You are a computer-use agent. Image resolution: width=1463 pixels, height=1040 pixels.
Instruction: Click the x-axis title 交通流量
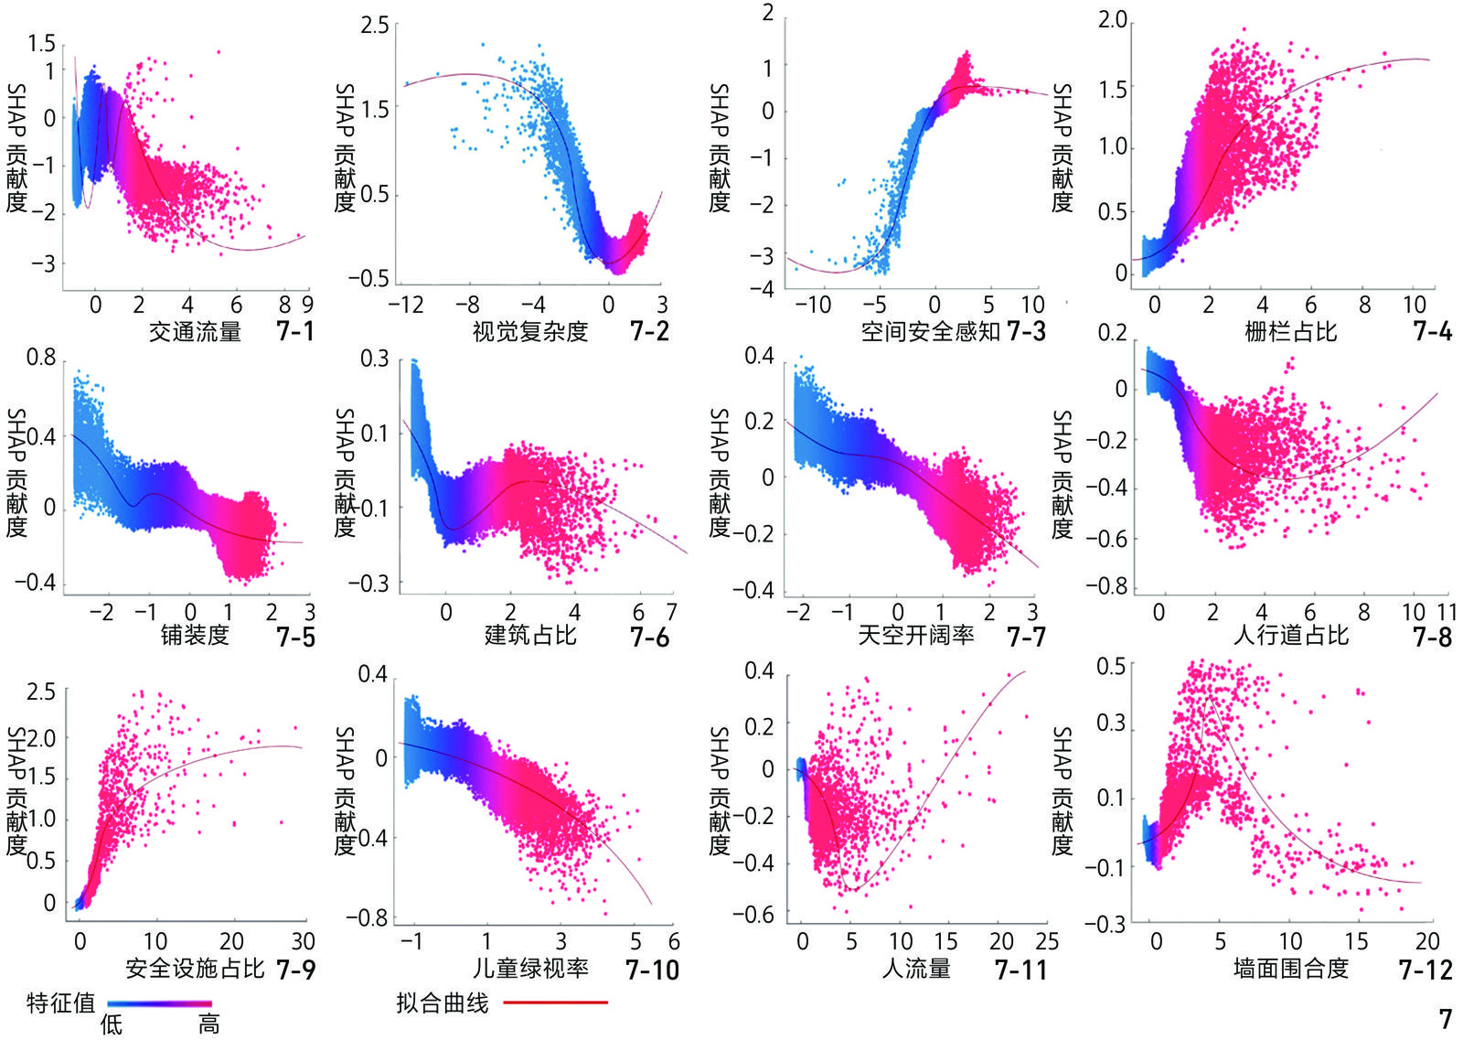195,331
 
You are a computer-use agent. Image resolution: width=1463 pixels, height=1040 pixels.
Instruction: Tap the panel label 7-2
649,331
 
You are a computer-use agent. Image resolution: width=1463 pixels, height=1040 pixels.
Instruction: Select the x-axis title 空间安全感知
930,331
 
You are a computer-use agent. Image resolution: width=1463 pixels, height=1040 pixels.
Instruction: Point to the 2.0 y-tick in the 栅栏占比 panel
1113,20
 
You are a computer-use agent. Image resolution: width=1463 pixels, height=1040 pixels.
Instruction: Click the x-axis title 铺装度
195,635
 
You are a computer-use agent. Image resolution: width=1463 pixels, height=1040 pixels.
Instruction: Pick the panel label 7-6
649,637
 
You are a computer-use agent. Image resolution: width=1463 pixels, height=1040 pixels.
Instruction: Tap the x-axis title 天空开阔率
915,635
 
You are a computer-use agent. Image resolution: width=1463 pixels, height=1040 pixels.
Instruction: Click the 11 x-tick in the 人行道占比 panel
1447,612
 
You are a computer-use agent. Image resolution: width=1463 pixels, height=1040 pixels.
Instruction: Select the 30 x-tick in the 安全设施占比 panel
303,941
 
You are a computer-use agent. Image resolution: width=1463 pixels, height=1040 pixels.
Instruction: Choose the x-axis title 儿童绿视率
530,968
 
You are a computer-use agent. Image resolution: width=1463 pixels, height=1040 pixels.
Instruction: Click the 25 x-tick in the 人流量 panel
1047,941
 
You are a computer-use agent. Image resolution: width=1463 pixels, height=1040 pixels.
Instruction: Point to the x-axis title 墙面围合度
1290,968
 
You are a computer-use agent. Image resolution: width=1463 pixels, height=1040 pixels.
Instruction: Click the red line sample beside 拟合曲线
555,1002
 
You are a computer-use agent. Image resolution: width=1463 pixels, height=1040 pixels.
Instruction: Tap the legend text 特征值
60,1002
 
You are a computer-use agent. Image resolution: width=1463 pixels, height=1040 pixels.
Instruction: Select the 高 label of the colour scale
209,1024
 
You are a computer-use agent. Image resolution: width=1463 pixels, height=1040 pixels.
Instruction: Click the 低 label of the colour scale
111,1024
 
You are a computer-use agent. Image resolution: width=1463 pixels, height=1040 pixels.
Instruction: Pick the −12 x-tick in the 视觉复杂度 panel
406,305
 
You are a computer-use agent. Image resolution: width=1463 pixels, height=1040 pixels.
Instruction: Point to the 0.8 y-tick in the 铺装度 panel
40,358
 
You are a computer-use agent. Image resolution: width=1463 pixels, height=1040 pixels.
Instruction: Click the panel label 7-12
1425,970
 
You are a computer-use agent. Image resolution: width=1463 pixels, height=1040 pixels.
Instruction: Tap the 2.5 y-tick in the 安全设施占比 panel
40,692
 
